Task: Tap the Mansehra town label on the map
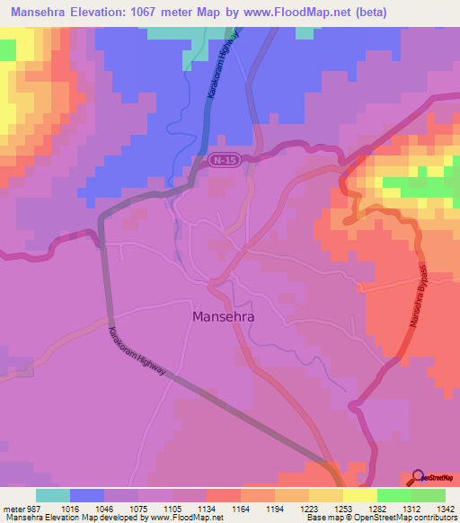tap(224, 316)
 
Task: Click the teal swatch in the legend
tap(53, 495)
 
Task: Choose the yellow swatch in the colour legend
tap(360, 495)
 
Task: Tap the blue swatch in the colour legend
tap(87, 495)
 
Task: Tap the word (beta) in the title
tap(429, 12)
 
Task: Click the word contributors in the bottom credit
tap(435, 519)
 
